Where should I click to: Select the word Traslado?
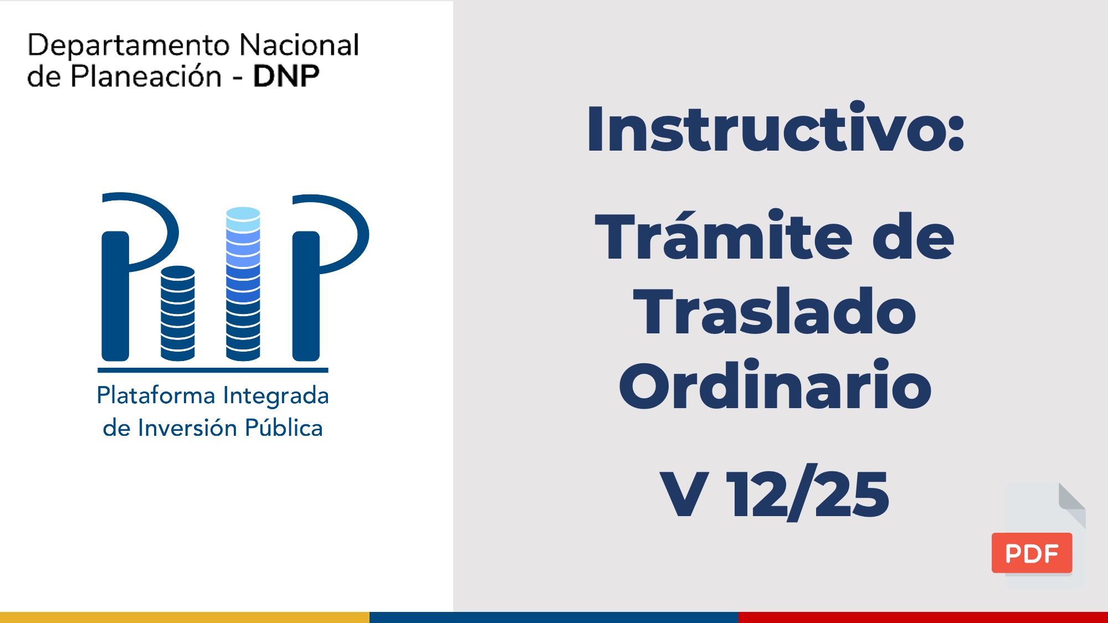774,311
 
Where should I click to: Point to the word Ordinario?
775,384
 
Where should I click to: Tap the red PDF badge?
1032,553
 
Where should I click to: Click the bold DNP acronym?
286,76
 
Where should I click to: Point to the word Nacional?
299,44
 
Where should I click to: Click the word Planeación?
146,76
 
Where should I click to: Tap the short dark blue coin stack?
178,313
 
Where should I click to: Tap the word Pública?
284,428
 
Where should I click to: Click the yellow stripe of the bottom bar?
184,617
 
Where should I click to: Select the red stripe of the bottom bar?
923,617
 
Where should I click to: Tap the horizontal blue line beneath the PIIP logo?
213,370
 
